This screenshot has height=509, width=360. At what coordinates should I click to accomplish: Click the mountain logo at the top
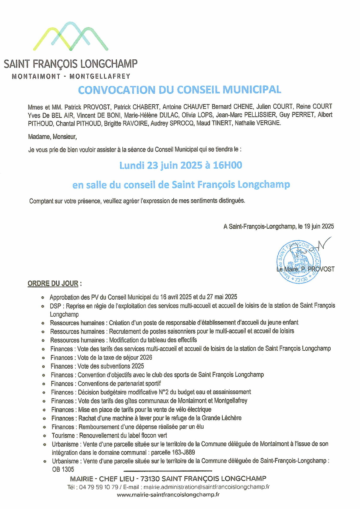(71, 36)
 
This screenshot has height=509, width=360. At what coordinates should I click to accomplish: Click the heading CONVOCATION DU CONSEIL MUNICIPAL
(179, 90)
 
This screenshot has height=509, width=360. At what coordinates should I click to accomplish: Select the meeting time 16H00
(227, 165)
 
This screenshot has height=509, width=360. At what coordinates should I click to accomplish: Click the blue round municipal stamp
(298, 262)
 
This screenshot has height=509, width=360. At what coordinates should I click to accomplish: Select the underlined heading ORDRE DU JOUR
(53, 283)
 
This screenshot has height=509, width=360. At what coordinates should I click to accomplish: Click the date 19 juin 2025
(319, 226)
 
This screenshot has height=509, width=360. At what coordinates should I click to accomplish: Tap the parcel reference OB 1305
(63, 469)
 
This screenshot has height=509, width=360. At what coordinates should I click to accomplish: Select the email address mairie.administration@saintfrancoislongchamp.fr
(206, 487)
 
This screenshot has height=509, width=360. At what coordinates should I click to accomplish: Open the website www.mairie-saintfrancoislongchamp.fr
(168, 495)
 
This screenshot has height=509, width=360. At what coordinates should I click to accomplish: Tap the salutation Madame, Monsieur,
(52, 137)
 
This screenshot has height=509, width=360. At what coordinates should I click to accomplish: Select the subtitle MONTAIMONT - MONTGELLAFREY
(71, 76)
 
